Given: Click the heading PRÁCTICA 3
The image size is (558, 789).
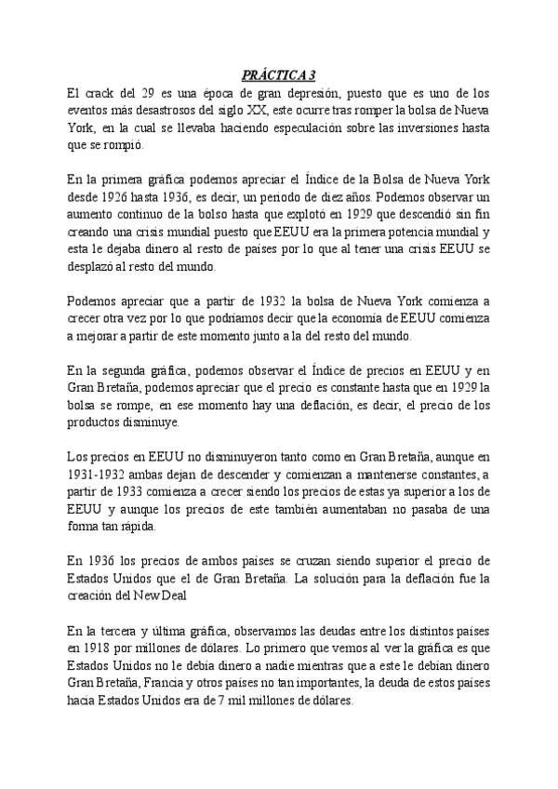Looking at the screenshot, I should [279, 76].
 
